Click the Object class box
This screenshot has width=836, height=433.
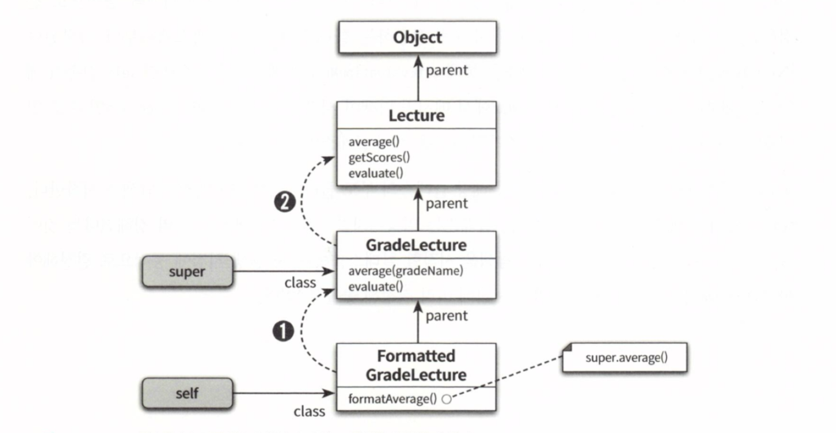[416, 38]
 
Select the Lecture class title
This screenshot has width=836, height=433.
[416, 115]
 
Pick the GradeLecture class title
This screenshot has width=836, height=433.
[416, 244]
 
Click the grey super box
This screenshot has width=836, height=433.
[186, 270]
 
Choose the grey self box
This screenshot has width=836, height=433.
[186, 394]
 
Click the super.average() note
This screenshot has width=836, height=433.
[625, 358]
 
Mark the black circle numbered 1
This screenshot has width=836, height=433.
[282, 331]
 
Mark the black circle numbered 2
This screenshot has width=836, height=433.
[282, 203]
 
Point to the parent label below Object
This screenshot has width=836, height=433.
[447, 70]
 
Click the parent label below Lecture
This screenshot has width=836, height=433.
[447, 203]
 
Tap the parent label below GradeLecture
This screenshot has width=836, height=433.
[447, 315]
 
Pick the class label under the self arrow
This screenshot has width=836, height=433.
[309, 412]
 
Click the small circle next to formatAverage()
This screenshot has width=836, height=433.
[446, 400]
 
